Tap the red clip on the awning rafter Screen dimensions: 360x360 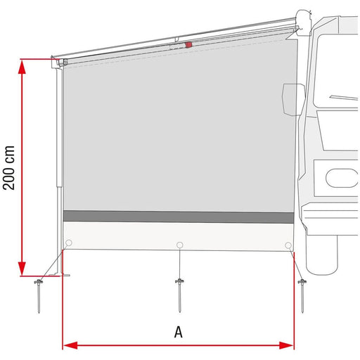click(x=188, y=44)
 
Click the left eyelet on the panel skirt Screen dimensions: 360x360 click(x=68, y=244)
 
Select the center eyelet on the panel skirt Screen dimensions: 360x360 click(x=180, y=244)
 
